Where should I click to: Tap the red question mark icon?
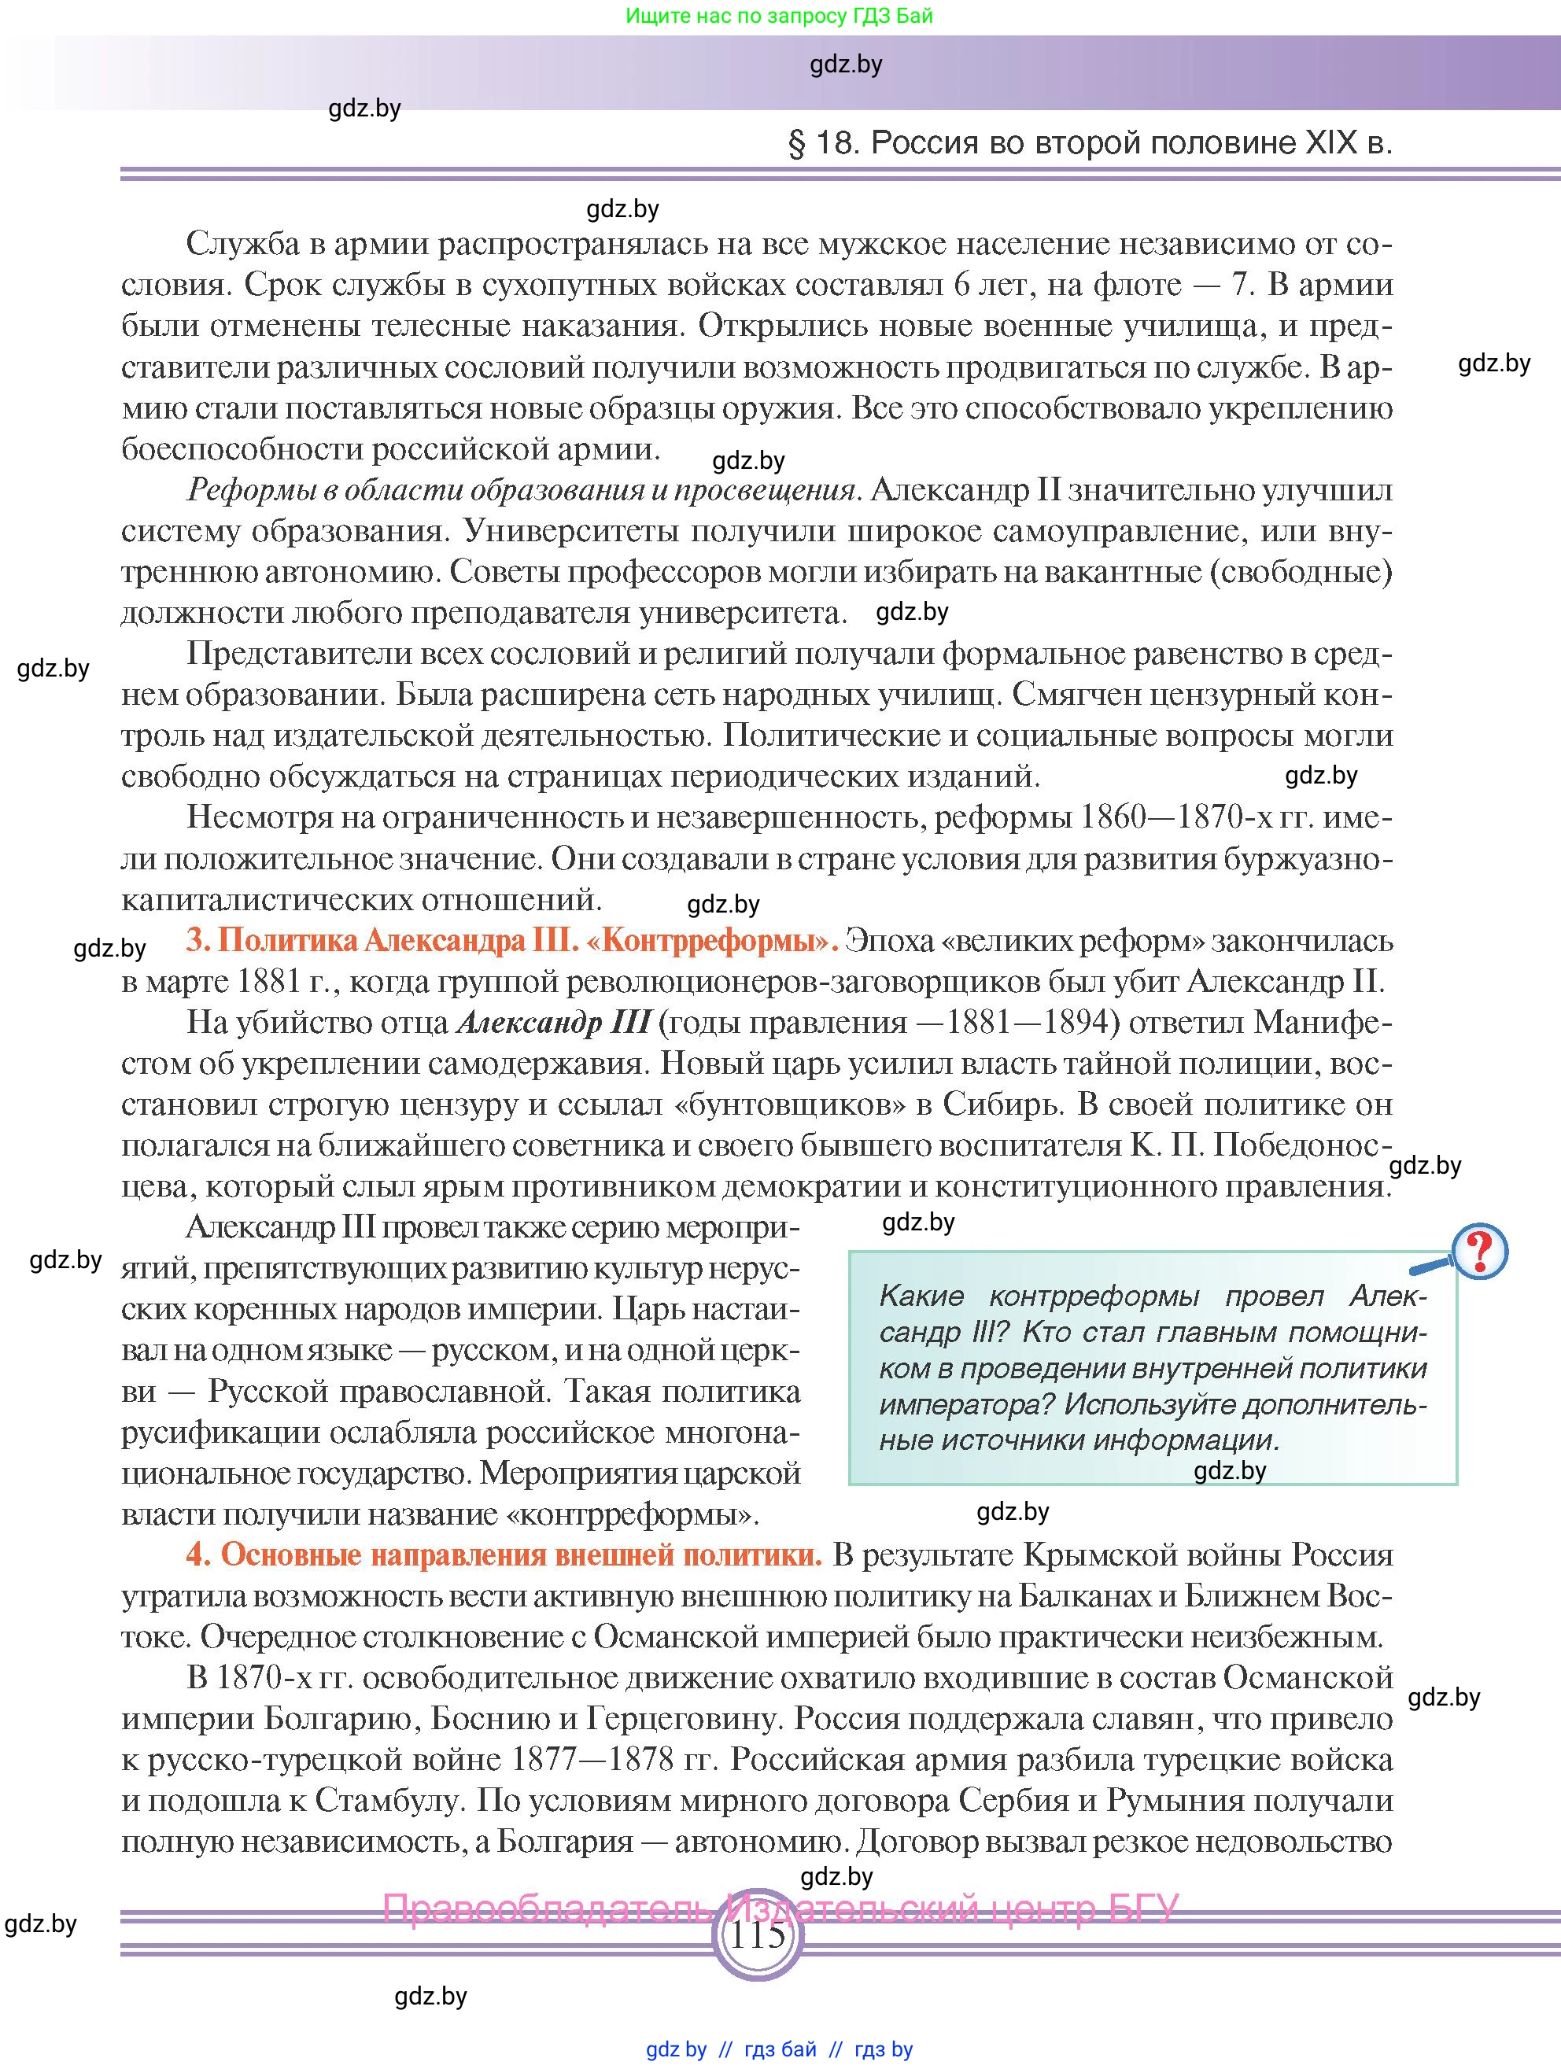1480,1251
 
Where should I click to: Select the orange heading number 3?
195,940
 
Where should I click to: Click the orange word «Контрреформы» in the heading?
710,940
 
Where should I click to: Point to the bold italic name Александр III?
553,1023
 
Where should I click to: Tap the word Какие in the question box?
922,1296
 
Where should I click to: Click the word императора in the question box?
965,1404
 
